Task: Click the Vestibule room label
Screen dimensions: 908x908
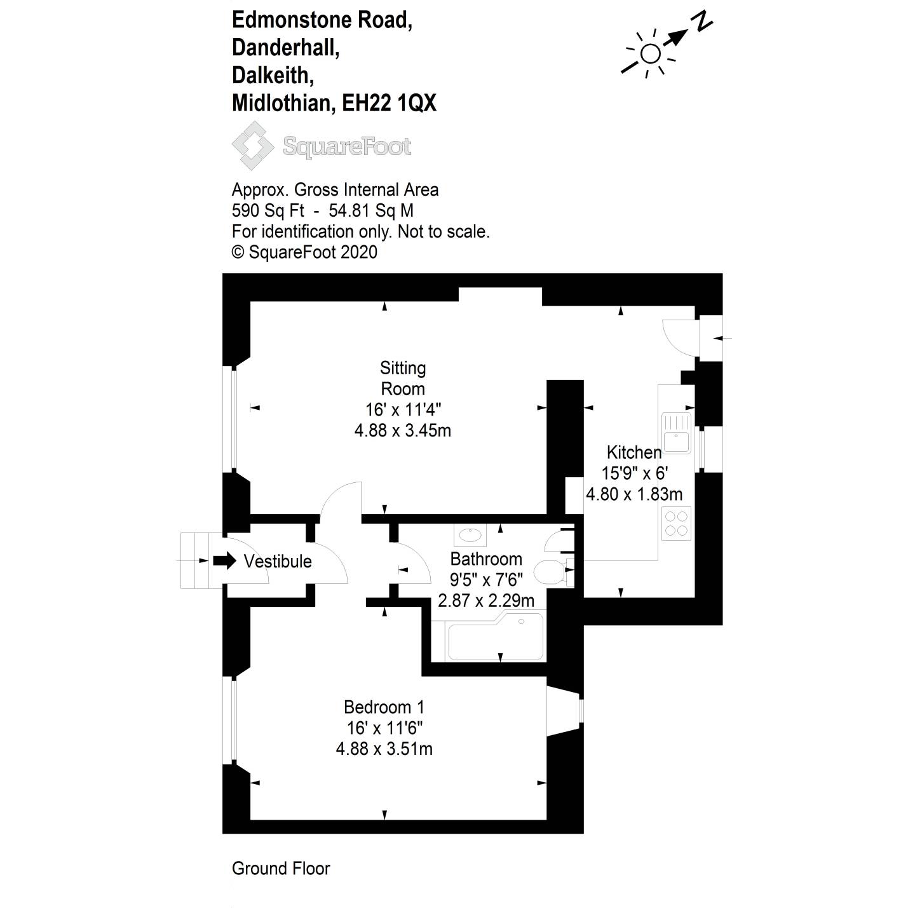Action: [x=278, y=561]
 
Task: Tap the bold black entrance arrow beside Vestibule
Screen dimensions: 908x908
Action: [x=224, y=560]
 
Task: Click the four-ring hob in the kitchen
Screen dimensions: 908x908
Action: [x=676, y=523]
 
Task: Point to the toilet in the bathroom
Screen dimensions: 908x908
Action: [x=553, y=573]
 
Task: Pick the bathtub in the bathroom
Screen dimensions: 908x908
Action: [x=495, y=637]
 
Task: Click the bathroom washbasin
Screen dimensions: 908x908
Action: [x=470, y=535]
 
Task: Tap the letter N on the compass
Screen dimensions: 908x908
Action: [x=701, y=22]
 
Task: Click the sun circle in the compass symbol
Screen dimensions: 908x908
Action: [x=651, y=53]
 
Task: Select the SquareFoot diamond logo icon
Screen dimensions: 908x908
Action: [x=252, y=146]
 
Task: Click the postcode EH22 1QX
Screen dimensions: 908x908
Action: [x=390, y=103]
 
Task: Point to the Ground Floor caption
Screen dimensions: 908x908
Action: [x=281, y=868]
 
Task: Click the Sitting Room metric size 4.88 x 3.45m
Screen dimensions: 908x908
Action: [x=402, y=430]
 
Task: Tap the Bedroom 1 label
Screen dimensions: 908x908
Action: [x=384, y=707]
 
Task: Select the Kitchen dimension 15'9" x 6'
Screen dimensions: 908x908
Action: [x=634, y=473]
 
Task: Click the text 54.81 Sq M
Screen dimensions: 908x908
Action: [x=371, y=210]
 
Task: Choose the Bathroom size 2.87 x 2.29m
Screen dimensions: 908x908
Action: [x=486, y=600]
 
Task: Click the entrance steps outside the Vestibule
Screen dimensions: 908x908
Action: [x=201, y=560]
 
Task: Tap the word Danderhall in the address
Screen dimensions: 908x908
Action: [x=285, y=47]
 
